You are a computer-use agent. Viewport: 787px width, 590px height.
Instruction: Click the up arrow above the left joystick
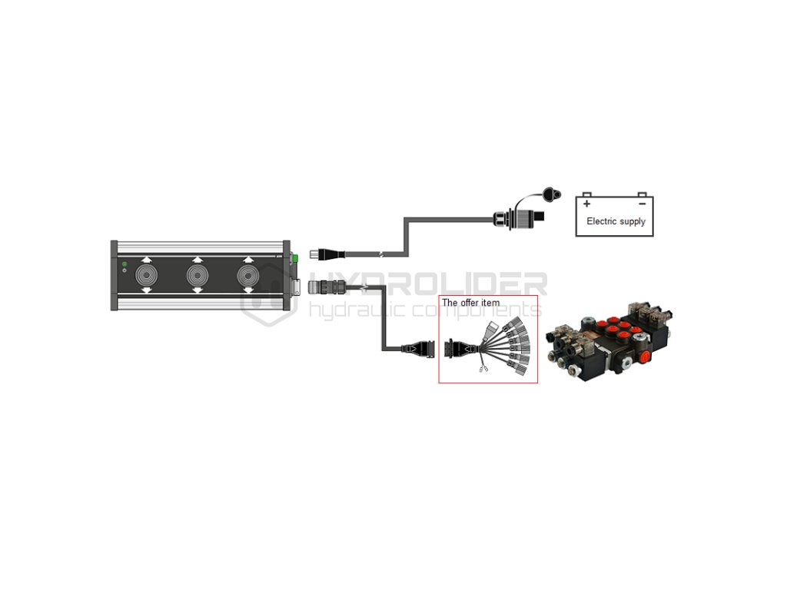(x=146, y=260)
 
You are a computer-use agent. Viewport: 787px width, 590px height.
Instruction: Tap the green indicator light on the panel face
(x=125, y=264)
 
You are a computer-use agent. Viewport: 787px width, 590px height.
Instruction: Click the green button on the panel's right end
(x=294, y=259)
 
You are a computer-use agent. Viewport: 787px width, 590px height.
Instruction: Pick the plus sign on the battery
(x=587, y=204)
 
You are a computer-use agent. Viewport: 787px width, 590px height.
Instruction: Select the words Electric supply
(x=616, y=221)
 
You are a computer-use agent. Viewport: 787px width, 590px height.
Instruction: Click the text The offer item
(x=470, y=303)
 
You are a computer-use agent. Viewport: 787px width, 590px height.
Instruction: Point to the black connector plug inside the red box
(x=452, y=350)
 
